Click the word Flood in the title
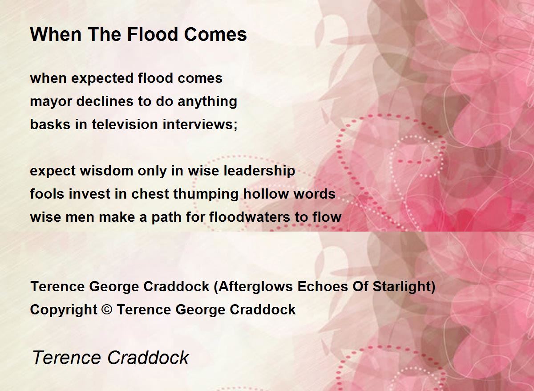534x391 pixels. [153, 34]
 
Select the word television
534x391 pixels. [125, 124]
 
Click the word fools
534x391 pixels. [47, 194]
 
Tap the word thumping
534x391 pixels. [206, 194]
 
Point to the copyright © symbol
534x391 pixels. [107, 310]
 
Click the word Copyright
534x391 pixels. [64, 310]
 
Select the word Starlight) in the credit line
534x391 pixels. [404, 287]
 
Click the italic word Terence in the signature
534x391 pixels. [66, 358]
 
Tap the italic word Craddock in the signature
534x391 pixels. [148, 358]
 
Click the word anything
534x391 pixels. [207, 102]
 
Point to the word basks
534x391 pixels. [50, 124]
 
